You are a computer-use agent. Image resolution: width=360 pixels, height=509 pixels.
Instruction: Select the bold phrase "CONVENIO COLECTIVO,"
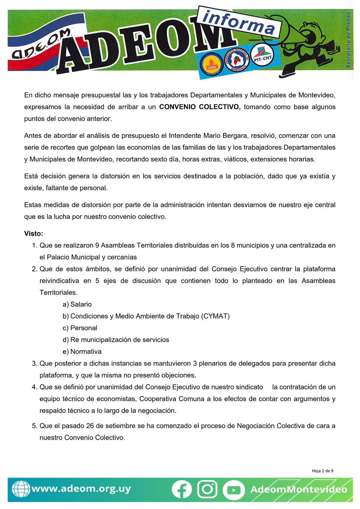(x=200, y=107)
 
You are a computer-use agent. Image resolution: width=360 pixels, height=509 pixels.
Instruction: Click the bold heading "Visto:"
(x=34, y=234)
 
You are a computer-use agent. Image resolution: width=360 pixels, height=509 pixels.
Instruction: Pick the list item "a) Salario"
(x=77, y=304)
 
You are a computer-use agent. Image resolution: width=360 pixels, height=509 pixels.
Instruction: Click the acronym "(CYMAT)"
(x=215, y=316)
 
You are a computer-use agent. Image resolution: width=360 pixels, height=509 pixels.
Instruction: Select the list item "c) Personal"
(x=80, y=328)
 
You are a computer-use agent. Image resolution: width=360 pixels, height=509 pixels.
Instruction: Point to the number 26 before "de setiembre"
(x=90, y=426)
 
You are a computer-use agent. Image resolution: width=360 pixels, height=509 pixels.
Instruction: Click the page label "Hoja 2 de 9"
(x=323, y=471)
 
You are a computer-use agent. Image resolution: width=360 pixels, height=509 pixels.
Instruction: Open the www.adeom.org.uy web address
(x=81, y=489)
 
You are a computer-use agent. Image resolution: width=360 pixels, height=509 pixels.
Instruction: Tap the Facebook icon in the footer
(x=182, y=490)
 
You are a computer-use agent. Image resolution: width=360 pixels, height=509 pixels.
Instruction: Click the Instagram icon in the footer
(x=207, y=490)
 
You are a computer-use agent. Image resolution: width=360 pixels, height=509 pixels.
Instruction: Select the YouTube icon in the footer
(x=234, y=490)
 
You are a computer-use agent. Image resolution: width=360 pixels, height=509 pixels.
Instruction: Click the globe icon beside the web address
(x=21, y=489)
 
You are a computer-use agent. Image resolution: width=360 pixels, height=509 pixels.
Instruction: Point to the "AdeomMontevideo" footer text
(x=298, y=490)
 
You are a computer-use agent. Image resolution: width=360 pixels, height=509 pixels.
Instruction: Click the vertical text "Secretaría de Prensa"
(x=348, y=40)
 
